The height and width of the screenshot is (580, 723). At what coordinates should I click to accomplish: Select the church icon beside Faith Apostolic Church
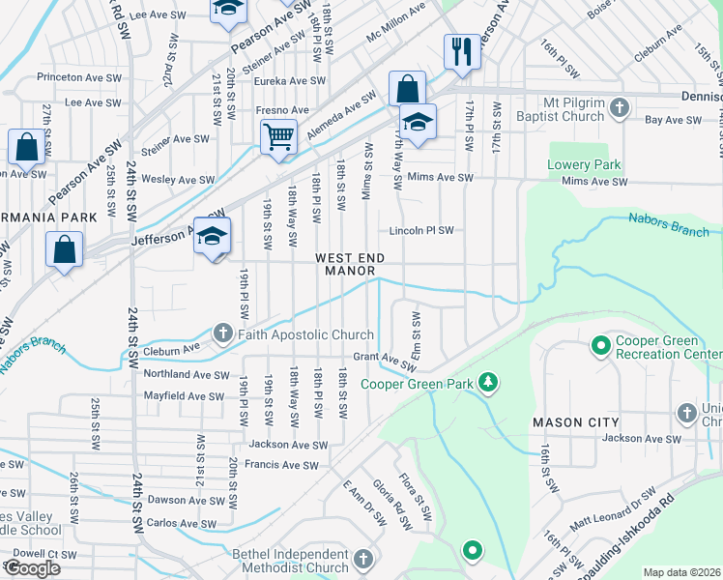[x=223, y=335]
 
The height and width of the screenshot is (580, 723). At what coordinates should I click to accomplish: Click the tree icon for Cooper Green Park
[x=489, y=384]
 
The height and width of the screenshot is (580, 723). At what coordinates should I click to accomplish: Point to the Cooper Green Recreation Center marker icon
[x=599, y=345]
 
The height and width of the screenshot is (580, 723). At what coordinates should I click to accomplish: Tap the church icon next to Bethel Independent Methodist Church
[x=363, y=560]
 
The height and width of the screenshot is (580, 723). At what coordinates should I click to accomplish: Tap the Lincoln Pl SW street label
[x=421, y=231]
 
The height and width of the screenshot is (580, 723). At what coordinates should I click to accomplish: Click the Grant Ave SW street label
[x=383, y=360]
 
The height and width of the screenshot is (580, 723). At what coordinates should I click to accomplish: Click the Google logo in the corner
[x=32, y=568]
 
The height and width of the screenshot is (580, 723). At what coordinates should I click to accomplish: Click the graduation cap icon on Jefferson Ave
[x=212, y=237]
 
